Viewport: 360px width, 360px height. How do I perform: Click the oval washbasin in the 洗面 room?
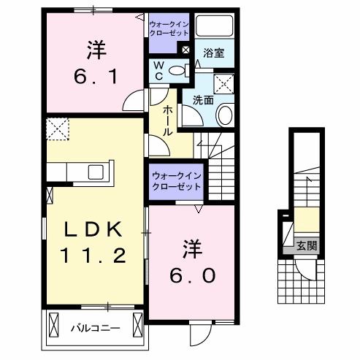225,115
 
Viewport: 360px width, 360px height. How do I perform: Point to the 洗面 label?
202,99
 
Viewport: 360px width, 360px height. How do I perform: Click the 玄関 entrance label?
307,246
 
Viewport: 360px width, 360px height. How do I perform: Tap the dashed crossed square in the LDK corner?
57,129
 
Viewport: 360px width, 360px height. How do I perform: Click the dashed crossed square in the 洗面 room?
225,83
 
